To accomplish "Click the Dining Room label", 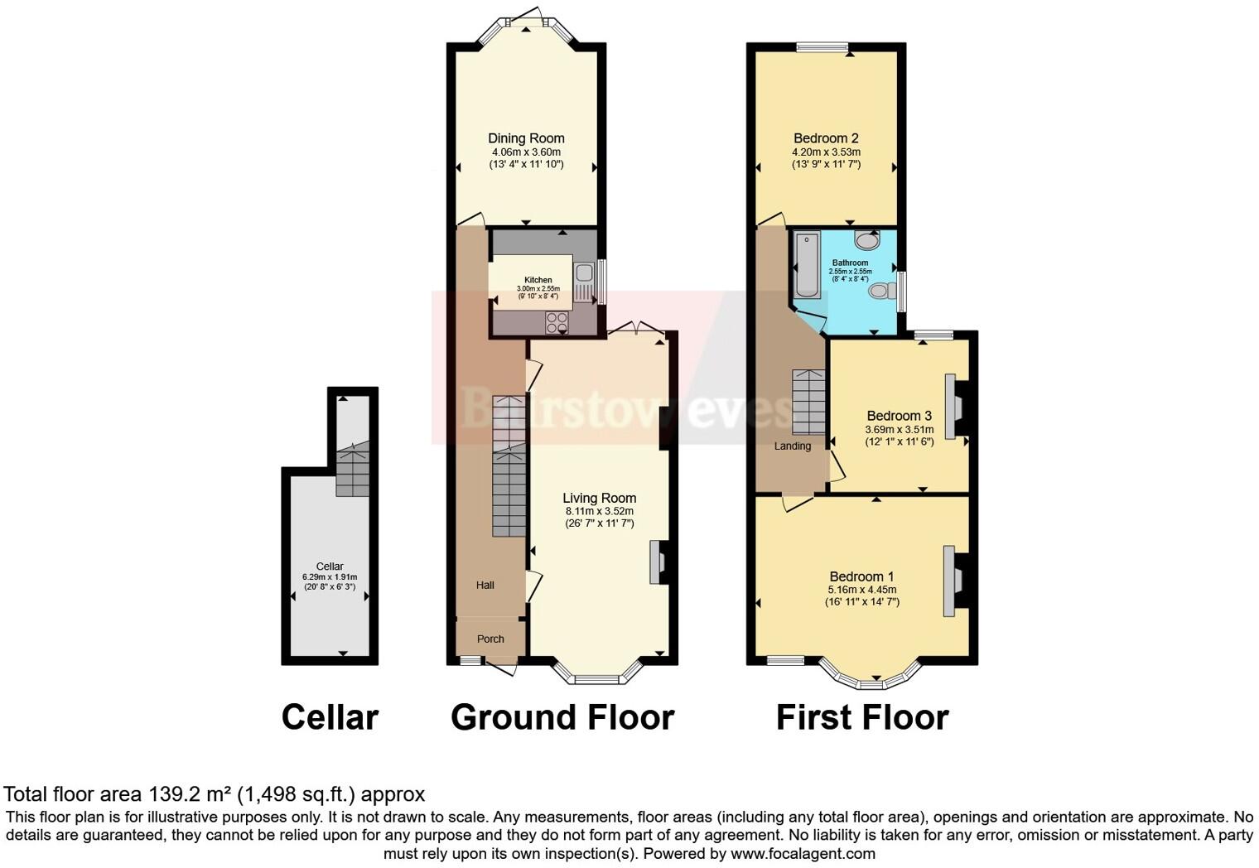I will pyautogui.click(x=526, y=138).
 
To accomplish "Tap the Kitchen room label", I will pyautogui.click(x=538, y=280).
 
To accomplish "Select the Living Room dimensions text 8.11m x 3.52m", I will pyautogui.click(x=599, y=511).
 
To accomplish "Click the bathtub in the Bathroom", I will pyautogui.click(x=806, y=265).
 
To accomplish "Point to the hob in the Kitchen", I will pyautogui.click(x=557, y=323).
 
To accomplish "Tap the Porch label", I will pyautogui.click(x=490, y=639).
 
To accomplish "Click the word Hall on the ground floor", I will pyautogui.click(x=485, y=585).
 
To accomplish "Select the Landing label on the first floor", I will pyautogui.click(x=792, y=446).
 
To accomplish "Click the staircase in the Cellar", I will pyautogui.click(x=352, y=472).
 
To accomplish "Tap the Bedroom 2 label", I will pyautogui.click(x=826, y=138).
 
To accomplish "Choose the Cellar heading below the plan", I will pyautogui.click(x=330, y=717).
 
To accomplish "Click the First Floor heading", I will pyautogui.click(x=861, y=717).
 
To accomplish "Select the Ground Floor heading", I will pyautogui.click(x=562, y=717).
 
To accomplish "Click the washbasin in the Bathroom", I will pyautogui.click(x=867, y=240).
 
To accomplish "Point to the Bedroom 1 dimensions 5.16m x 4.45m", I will pyautogui.click(x=861, y=590).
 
